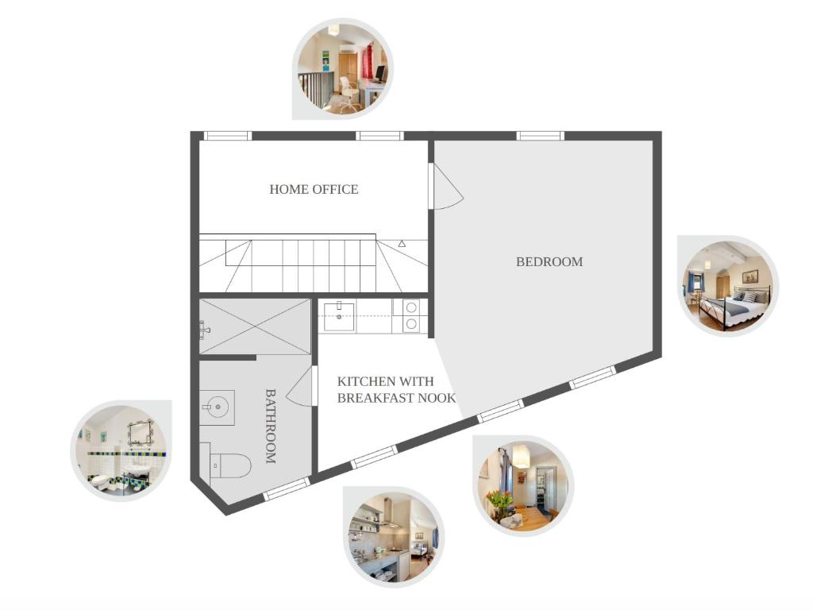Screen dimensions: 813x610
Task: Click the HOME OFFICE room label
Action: [x=314, y=189]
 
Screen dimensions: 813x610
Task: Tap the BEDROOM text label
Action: [x=549, y=262]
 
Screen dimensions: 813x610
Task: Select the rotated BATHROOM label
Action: [x=270, y=426]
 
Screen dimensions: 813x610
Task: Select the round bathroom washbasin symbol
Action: [x=218, y=407]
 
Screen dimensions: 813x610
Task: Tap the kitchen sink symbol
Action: [x=340, y=316]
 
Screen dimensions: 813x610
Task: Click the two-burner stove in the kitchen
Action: [x=410, y=316]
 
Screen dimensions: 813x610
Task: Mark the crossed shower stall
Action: [x=255, y=326]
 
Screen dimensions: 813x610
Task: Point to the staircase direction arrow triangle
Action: [x=402, y=243]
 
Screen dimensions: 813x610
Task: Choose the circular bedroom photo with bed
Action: [x=729, y=286]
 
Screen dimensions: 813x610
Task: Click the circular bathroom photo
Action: [x=121, y=450]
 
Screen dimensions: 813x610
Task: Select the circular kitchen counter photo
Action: [x=394, y=536]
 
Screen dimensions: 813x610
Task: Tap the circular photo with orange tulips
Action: [x=523, y=486]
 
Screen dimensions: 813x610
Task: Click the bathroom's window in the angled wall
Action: [x=287, y=489]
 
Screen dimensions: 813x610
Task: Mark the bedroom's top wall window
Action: [x=540, y=136]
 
